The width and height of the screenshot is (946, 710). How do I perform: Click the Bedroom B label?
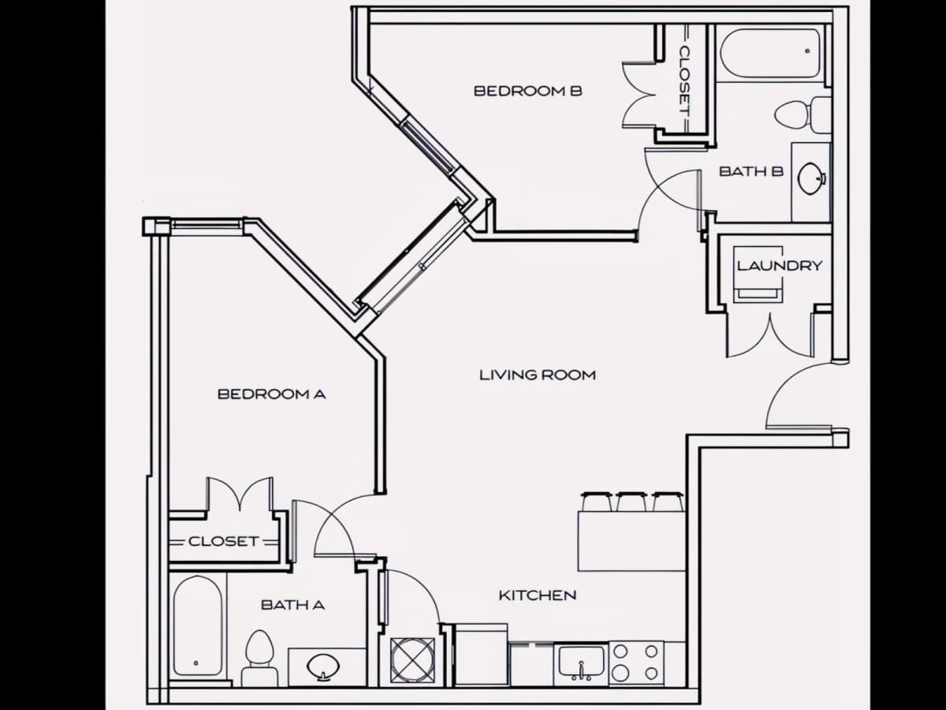[528, 91]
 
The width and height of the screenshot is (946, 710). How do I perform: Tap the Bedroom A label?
[271, 394]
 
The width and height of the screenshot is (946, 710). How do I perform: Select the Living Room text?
[538, 375]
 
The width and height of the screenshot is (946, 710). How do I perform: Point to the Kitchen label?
[538, 596]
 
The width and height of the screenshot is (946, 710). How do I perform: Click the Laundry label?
[780, 266]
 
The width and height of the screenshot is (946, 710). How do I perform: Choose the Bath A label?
[292, 605]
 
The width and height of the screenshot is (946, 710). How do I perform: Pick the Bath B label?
[750, 171]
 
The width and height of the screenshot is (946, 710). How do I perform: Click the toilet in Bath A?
[259, 658]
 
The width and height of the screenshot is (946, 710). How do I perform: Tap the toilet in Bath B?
[803, 114]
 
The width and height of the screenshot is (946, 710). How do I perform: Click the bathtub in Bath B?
[770, 54]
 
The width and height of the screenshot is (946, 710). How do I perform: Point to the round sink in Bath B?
[810, 178]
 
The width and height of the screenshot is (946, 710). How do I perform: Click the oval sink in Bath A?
[323, 667]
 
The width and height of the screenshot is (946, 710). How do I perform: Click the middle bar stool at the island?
[631, 502]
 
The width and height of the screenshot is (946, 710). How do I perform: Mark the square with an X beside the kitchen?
[412, 661]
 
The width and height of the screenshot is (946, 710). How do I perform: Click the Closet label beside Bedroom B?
[684, 81]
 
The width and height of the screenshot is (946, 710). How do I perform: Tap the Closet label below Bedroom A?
[224, 541]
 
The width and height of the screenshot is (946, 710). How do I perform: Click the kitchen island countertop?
[631, 541]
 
